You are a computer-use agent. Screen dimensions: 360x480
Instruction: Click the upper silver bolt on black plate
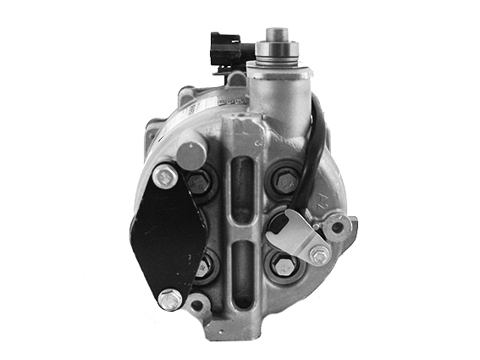(x=166, y=176)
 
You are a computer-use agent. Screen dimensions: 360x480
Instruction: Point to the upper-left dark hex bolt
(x=200, y=181)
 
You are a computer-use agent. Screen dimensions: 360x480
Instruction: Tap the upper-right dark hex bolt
(x=283, y=180)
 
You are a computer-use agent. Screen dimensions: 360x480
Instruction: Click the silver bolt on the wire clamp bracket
(x=318, y=254)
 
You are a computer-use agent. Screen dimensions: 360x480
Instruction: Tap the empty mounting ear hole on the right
(x=339, y=226)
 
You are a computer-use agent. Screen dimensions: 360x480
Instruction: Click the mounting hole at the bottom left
(x=196, y=304)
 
